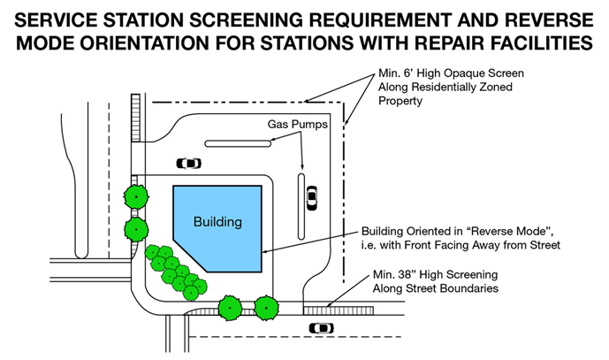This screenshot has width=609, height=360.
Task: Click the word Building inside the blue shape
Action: click(217, 221)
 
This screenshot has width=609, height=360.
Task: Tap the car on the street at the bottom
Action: click(321, 328)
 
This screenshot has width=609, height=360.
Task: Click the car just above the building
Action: click(188, 163)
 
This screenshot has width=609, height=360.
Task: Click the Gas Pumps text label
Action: click(300, 125)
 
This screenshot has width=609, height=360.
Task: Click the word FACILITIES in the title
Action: click(554, 42)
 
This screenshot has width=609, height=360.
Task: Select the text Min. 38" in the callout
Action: click(398, 275)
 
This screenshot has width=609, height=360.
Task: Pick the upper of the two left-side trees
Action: click(135, 195)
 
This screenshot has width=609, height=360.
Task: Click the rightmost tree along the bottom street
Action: click(267, 307)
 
